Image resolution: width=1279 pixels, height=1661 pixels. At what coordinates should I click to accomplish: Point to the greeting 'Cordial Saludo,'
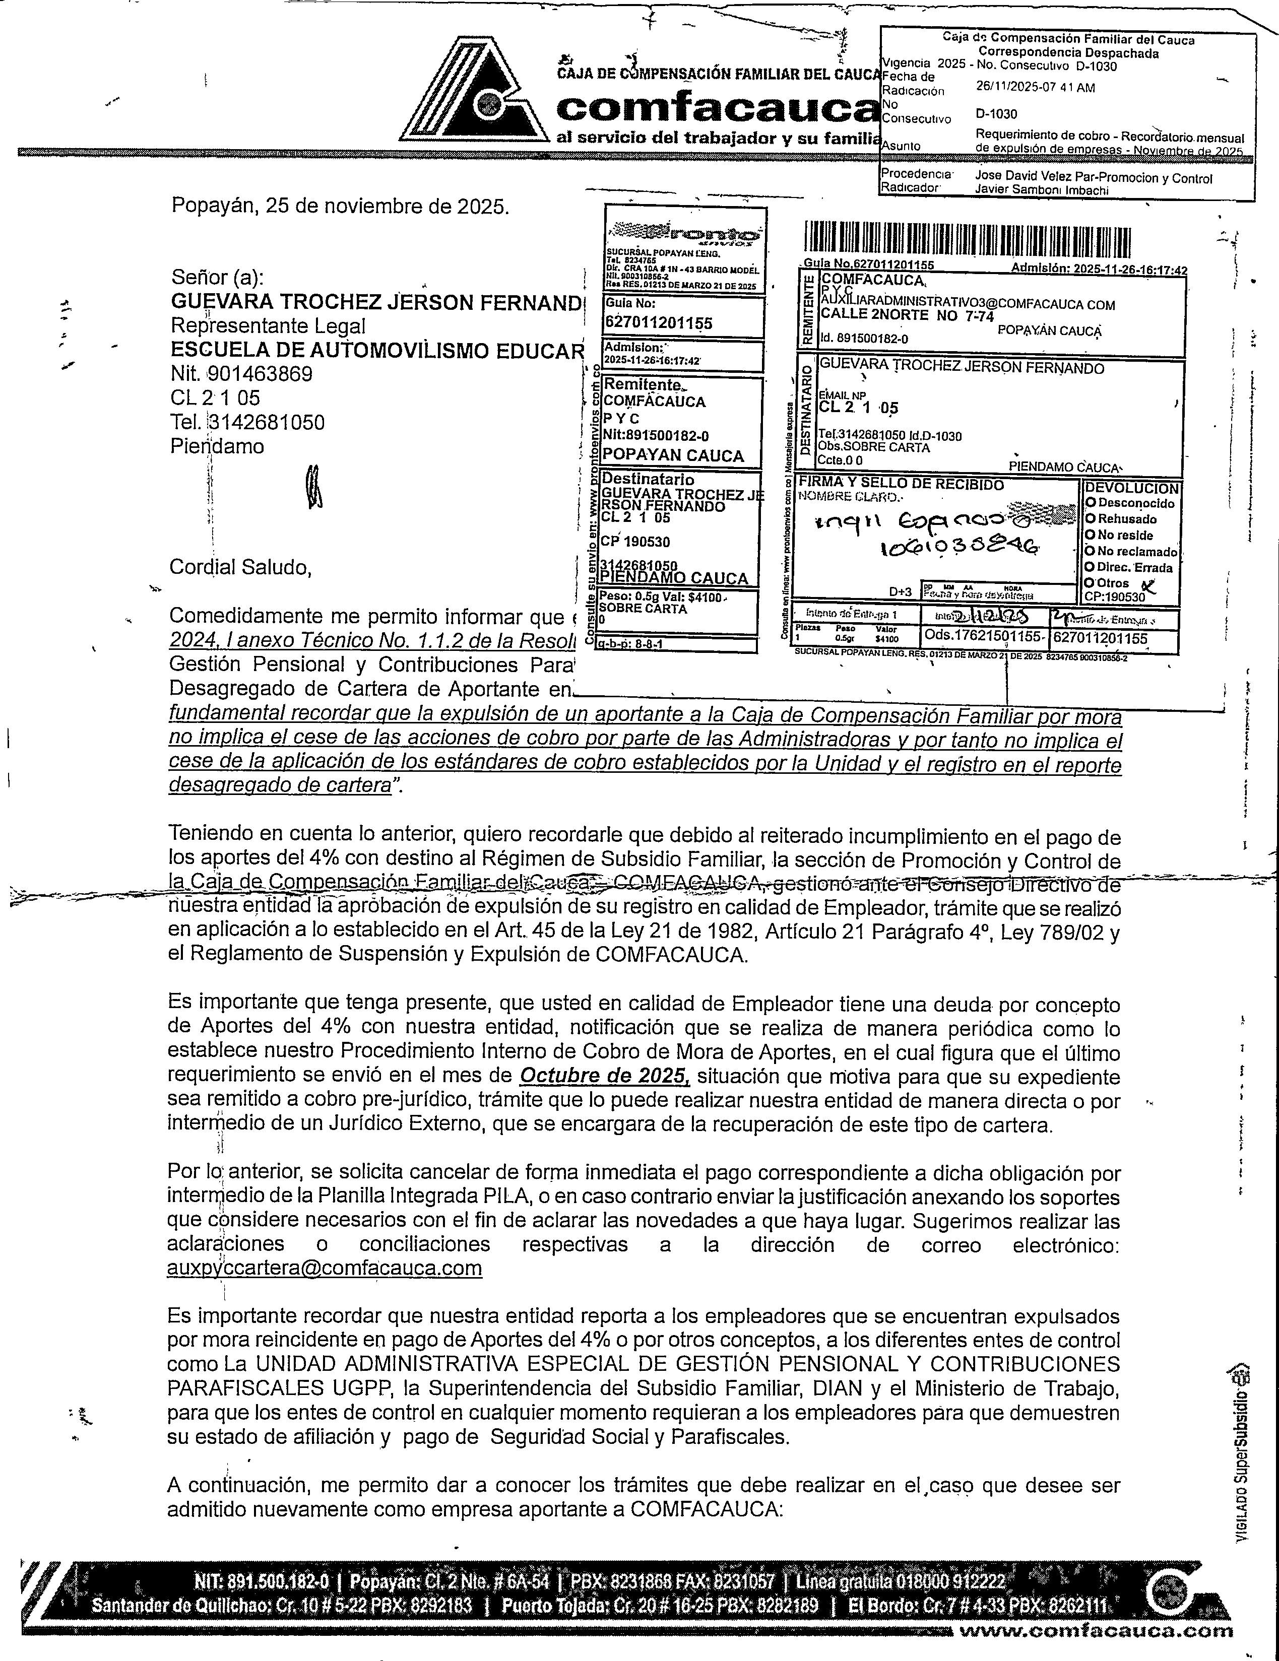[x=240, y=567]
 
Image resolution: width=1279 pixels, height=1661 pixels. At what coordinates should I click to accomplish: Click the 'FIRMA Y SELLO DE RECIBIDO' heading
[x=900, y=485]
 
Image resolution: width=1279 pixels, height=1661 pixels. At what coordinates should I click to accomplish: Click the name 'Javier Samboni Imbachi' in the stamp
[x=1041, y=190]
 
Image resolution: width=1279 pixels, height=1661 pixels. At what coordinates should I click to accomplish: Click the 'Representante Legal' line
[x=268, y=325]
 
